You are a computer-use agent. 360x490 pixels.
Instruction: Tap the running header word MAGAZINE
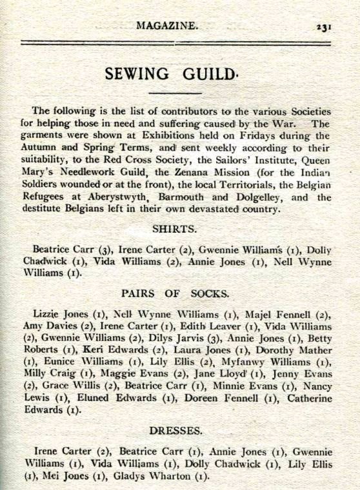167,26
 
